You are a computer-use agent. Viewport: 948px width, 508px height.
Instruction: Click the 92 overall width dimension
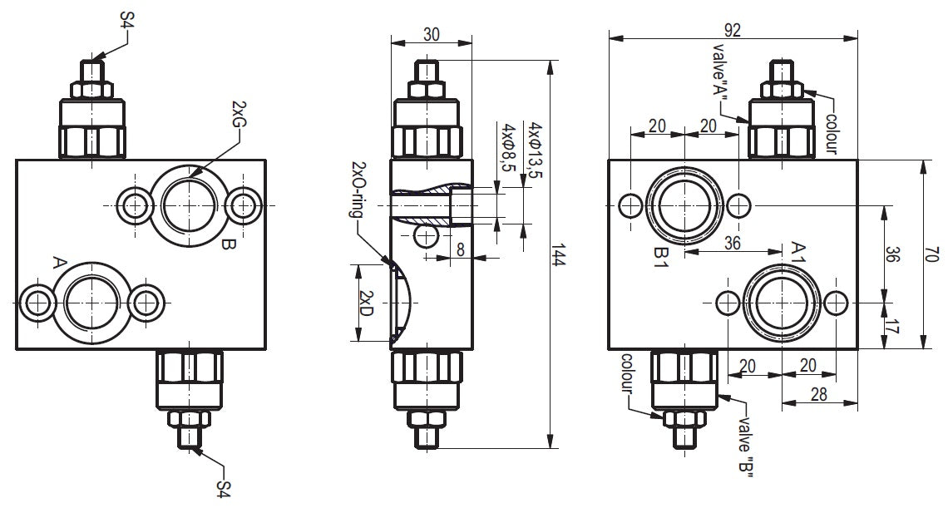click(733, 30)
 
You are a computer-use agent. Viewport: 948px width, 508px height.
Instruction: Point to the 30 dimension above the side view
click(431, 34)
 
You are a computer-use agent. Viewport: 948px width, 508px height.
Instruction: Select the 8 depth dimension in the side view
click(461, 249)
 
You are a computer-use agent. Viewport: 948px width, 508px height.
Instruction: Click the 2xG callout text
click(239, 113)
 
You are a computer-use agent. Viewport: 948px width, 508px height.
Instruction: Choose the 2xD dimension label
click(365, 303)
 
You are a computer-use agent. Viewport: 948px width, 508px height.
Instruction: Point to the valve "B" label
click(746, 446)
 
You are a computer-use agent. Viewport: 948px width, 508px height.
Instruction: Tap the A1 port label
click(797, 252)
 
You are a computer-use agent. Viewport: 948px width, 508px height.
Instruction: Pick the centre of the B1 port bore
click(684, 204)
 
